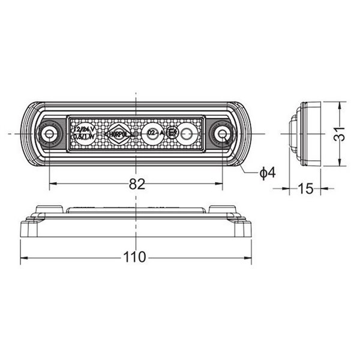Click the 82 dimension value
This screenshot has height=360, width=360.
pyautogui.click(x=137, y=184)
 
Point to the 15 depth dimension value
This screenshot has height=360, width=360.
pyautogui.click(x=305, y=189)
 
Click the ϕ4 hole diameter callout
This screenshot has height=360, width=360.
pyautogui.click(x=267, y=173)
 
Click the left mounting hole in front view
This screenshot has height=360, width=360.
pyautogui.click(x=49, y=133)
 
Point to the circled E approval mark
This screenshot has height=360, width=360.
pyautogui.click(x=172, y=133)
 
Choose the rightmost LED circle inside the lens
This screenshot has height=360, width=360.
pyautogui.click(x=188, y=133)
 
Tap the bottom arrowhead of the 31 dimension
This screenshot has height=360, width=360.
pyautogui.click(x=340, y=164)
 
